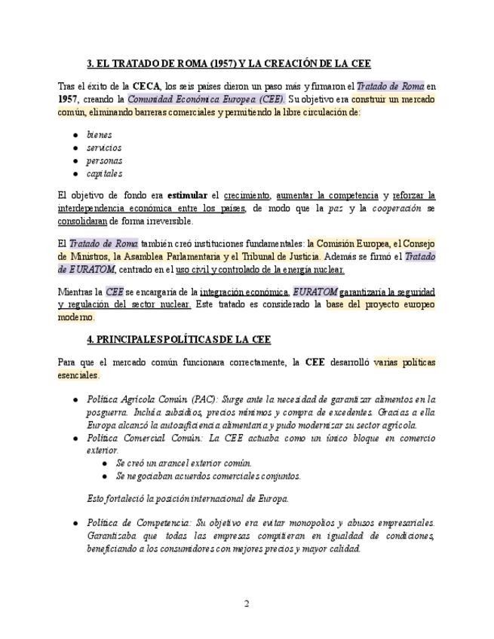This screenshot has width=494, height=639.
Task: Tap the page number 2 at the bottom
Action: pos(246,603)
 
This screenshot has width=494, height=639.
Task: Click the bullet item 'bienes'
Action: pos(99,135)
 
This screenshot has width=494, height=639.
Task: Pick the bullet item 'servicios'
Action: pos(103,148)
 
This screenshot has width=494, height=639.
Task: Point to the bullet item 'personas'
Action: pos(104,161)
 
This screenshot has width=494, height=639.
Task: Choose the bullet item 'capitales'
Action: pos(104,173)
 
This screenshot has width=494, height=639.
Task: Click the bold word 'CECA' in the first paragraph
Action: pos(147,86)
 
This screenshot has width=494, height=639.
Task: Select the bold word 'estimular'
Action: pos(187,196)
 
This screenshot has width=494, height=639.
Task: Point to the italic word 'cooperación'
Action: pos(397,209)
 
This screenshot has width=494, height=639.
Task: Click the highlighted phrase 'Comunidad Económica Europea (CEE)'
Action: pos(205,99)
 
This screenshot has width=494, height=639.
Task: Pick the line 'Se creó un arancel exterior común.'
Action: pos(184,463)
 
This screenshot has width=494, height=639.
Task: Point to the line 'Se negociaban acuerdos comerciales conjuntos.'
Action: pos(208,475)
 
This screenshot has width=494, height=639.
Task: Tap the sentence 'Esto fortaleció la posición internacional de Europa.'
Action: pos(188,498)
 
